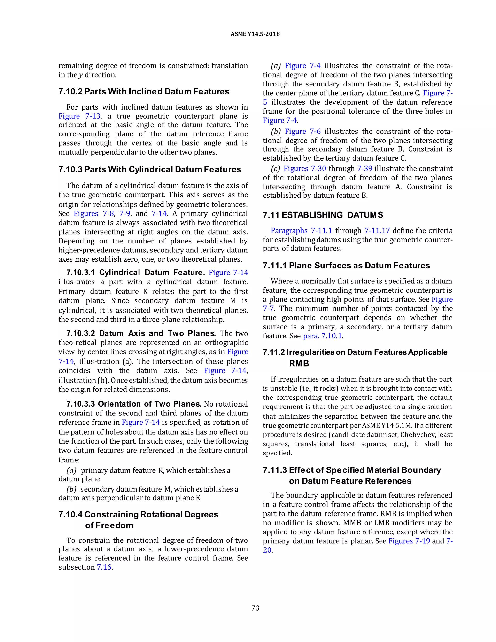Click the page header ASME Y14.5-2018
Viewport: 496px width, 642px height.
pyautogui.click(x=255, y=34)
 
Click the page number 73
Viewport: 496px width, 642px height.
pyautogui.click(x=255, y=608)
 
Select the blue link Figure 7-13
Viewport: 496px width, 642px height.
pyautogui.click(x=79, y=116)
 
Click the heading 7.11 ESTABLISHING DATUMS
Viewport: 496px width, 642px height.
pyautogui.click(x=323, y=215)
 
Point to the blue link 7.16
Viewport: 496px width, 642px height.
pyautogui.click(x=104, y=567)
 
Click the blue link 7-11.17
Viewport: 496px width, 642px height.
pyautogui.click(x=377, y=230)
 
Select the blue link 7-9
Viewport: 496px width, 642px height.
pyautogui.click(x=124, y=213)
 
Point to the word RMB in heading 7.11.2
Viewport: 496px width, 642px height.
pyautogui.click(x=299, y=364)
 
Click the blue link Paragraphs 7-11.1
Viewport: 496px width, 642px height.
pyautogui.click(x=301, y=230)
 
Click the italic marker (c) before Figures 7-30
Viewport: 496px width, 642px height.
pyautogui.click(x=275, y=168)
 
